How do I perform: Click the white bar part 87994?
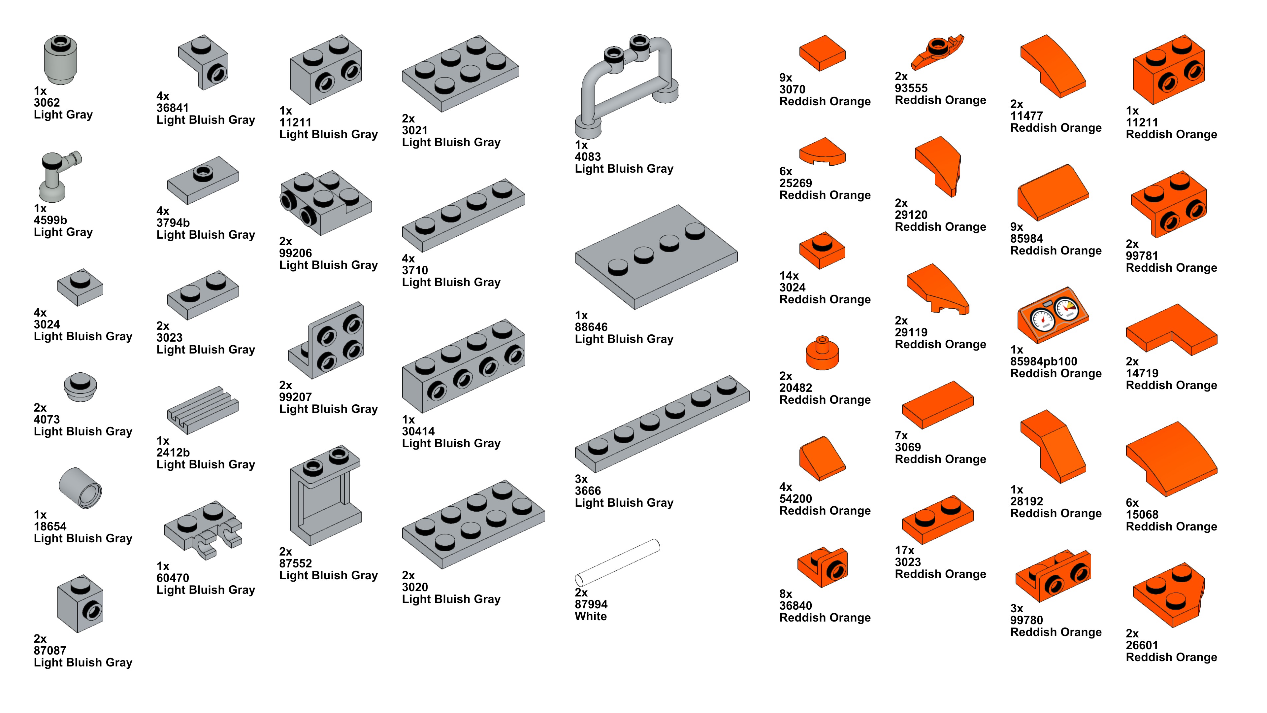(617, 562)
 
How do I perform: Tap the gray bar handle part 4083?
(625, 84)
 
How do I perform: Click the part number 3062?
(47, 103)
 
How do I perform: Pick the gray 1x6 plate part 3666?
(662, 424)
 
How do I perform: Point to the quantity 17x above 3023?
(904, 550)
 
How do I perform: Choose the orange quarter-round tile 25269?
(822, 151)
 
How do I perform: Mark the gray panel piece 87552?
(325, 494)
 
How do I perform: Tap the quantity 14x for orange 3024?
(789, 276)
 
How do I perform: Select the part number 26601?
(1142, 645)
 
